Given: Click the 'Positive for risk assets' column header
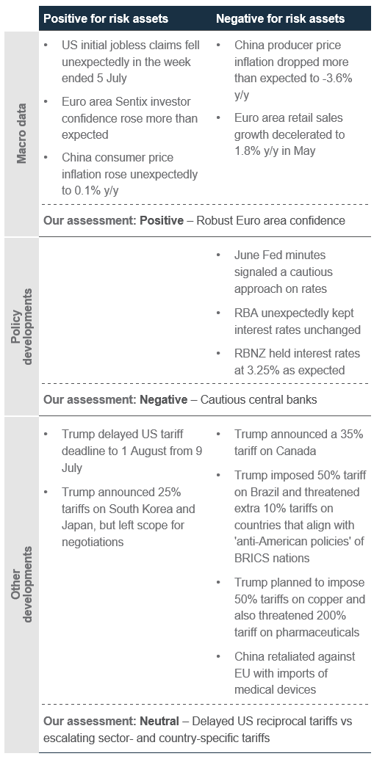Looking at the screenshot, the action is (x=106, y=18).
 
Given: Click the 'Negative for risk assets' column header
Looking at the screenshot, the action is (x=281, y=18).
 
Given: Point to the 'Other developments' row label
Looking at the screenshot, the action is (x=22, y=584).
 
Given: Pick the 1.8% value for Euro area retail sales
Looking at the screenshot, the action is (x=248, y=150).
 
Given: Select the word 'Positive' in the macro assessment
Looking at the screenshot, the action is (x=162, y=221).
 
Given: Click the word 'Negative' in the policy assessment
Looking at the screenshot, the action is (x=163, y=400).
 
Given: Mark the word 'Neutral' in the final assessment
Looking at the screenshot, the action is (x=159, y=722).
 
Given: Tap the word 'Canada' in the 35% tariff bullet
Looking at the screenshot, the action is (x=296, y=451).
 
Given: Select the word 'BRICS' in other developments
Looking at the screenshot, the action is (x=251, y=558).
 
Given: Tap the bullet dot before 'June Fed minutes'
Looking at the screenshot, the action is (x=218, y=255).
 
